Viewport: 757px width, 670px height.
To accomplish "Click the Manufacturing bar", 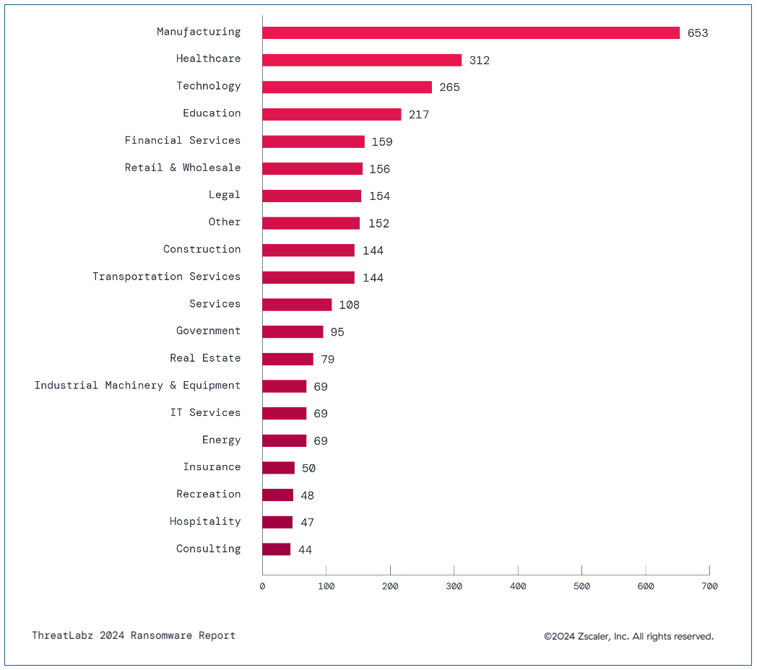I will coord(470,32).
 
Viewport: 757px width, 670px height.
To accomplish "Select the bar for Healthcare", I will coord(361,60).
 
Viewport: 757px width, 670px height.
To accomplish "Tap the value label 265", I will coord(449,87).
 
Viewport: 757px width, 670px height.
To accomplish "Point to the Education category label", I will coord(212,113).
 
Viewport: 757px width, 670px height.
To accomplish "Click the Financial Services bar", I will coord(313,142).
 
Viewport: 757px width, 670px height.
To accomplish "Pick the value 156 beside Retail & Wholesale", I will coord(379,169).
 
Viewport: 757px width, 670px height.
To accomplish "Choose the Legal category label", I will coord(225,195).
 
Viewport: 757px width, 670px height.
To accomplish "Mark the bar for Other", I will coord(311,223).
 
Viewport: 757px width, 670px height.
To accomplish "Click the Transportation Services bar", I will coord(308,277).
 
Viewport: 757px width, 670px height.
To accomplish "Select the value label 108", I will coord(349,305).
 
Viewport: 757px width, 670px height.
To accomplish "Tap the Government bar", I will coord(292,332).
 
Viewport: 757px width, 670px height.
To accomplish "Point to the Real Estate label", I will coord(205,358).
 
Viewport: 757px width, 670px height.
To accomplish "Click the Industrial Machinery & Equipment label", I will coord(137,386).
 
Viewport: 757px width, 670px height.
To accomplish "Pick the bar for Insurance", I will coord(278,468).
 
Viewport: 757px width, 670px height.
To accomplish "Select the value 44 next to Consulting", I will coord(305,550).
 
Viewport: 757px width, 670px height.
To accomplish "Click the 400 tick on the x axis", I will coord(518,586).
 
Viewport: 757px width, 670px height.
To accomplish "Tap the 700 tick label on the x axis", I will coord(709,586).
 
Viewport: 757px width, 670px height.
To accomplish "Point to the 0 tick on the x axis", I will coord(262,586).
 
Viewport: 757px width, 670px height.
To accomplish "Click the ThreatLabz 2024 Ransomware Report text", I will coord(134,636).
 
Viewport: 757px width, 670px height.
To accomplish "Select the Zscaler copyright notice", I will coord(628,637).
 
